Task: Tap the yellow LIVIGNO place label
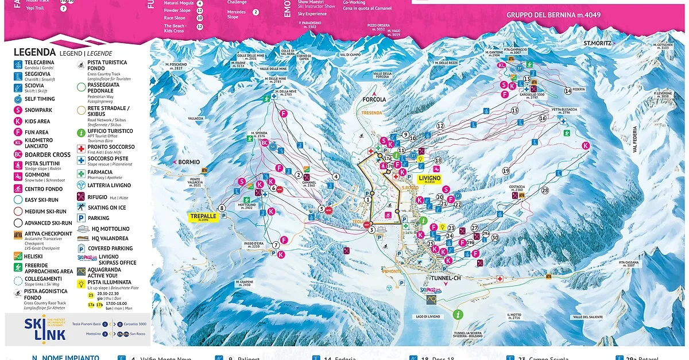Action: [429, 179]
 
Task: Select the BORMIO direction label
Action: [188, 162]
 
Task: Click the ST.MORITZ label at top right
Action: [595, 43]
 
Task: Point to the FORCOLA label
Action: [374, 98]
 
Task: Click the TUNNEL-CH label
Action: [446, 278]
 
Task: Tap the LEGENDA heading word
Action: [34, 53]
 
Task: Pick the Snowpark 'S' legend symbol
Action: [18, 110]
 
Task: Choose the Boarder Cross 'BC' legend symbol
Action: [18, 154]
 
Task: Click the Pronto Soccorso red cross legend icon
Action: [82, 148]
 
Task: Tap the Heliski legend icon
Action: [18, 256]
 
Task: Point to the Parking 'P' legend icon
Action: [82, 218]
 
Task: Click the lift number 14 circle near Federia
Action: [568, 91]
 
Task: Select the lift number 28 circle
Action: [544, 190]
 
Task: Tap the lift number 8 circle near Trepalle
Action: [222, 208]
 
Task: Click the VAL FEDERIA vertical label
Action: [636, 139]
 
